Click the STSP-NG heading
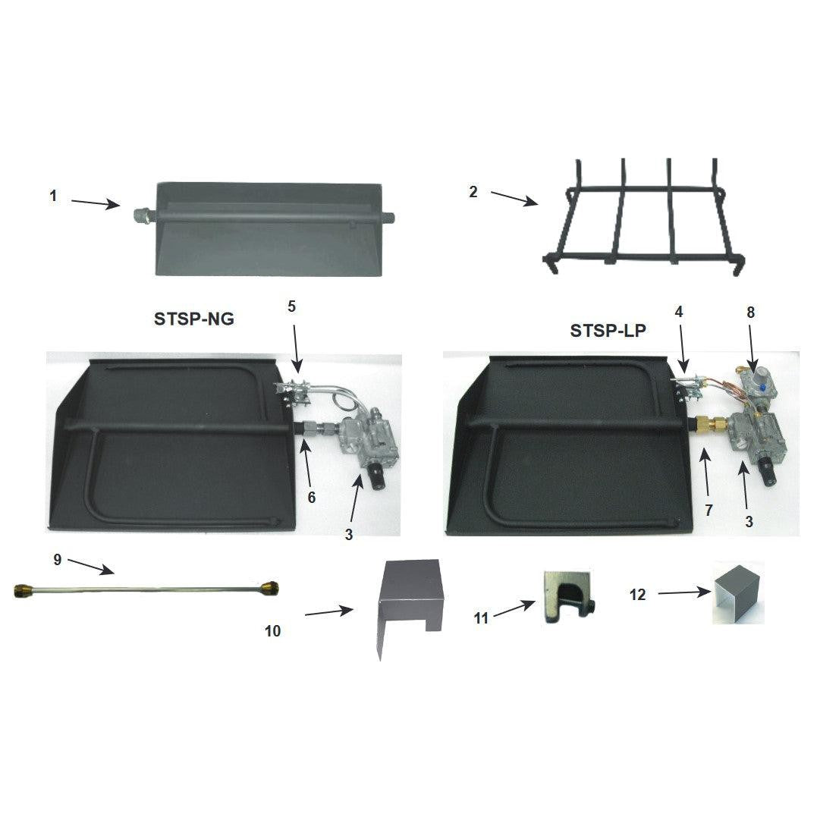[x=194, y=320]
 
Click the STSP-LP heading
[x=608, y=331]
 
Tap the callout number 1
[x=53, y=196]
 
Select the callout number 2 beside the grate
[x=473, y=192]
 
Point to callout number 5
[x=292, y=306]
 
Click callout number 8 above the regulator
[x=751, y=312]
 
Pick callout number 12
[x=638, y=595]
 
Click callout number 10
[x=273, y=630]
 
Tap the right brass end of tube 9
[x=268, y=587]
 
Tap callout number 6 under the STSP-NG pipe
[x=311, y=498]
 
